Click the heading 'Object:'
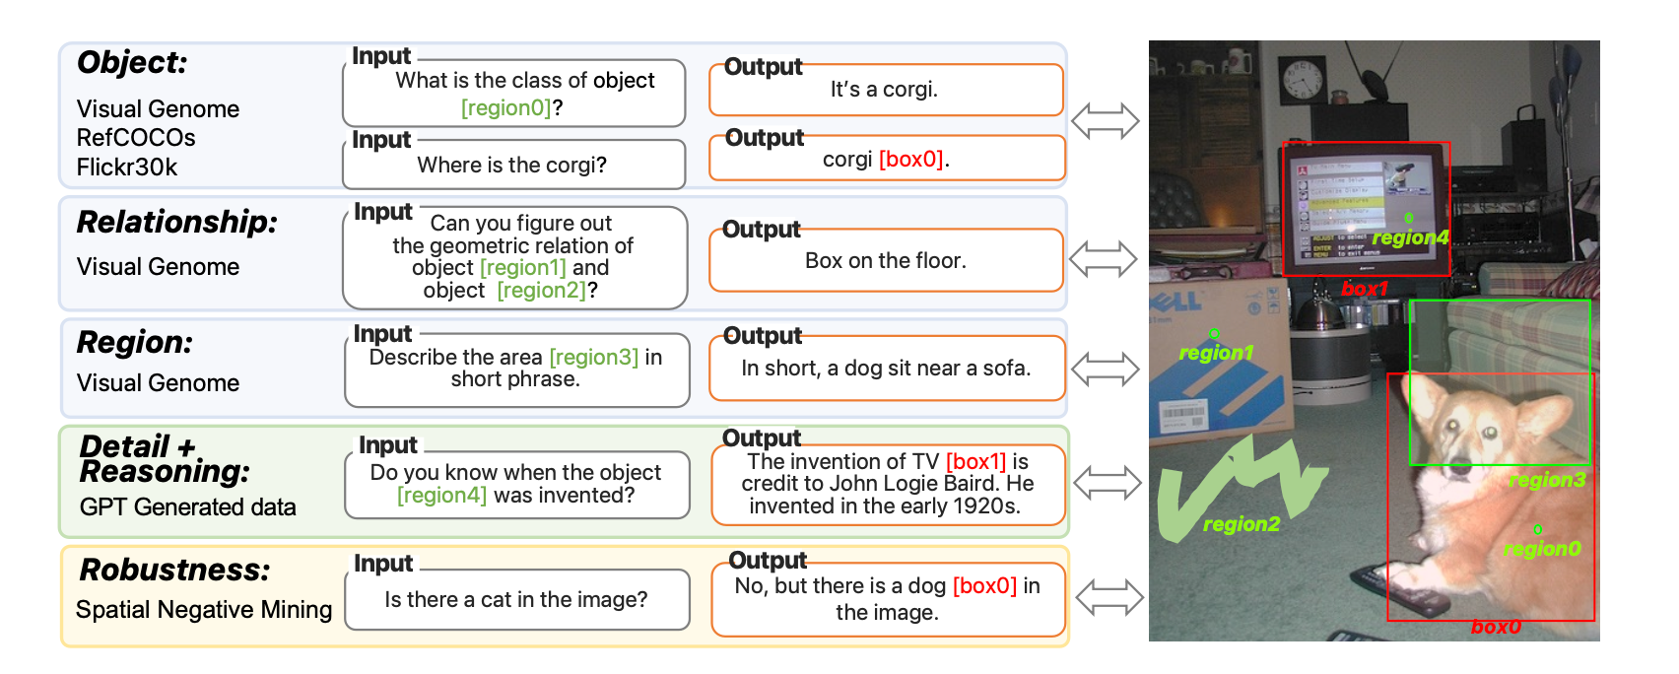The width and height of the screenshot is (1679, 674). click(132, 62)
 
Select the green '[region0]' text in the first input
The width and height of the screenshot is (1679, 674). click(506, 108)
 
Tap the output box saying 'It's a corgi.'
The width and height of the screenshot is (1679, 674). click(886, 90)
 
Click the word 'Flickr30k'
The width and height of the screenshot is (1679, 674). click(127, 168)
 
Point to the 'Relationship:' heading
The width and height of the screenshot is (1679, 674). click(177, 223)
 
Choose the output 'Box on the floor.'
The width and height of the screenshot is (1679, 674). click(886, 260)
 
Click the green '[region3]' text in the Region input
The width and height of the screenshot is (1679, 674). click(593, 357)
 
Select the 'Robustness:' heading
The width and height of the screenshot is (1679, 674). click(174, 570)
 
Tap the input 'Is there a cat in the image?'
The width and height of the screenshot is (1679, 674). click(516, 600)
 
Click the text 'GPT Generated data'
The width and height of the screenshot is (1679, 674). click(187, 507)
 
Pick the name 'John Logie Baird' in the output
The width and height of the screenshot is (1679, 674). click(917, 484)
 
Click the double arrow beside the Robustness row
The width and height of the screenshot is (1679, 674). click(1109, 597)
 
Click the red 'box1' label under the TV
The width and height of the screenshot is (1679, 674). click(1365, 289)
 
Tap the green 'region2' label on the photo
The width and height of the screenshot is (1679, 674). click(1242, 524)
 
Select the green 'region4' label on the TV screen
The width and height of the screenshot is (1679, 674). click(1410, 237)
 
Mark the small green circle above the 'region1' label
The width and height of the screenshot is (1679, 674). click(1214, 334)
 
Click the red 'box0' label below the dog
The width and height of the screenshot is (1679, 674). click(1496, 627)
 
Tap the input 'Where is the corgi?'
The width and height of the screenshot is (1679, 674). click(512, 165)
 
